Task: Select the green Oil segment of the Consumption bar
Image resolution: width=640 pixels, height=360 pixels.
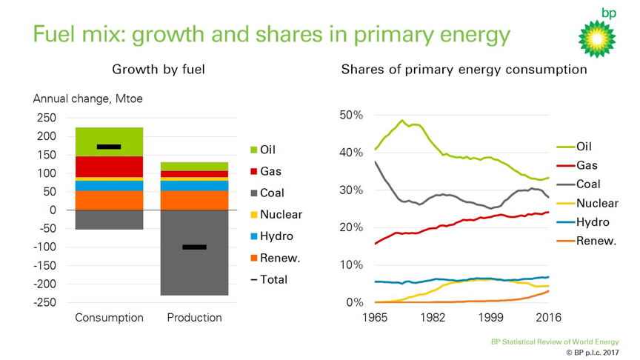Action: click(110, 141)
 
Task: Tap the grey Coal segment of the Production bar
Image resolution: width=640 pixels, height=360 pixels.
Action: click(194, 252)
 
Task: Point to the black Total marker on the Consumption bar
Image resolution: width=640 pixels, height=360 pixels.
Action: click(109, 147)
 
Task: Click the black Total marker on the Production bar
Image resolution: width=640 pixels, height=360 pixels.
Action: click(194, 247)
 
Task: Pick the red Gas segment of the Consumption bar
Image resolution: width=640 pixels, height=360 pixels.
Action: click(110, 167)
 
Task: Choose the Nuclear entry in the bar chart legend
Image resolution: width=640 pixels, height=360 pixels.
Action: click(274, 215)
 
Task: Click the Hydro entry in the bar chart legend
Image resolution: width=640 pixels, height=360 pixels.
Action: click(271, 236)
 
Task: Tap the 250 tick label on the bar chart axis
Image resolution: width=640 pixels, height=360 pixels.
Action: click(46, 119)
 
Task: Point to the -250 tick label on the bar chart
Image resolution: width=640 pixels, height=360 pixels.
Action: click(44, 302)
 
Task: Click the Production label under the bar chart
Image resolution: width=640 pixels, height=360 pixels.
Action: click(194, 318)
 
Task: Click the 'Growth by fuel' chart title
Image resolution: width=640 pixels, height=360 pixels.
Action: click(159, 70)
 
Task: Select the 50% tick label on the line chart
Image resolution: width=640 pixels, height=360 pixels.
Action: click(351, 116)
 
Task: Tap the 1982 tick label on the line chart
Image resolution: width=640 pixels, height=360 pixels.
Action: click(433, 318)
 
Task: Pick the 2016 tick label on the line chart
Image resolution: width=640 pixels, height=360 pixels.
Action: click(548, 318)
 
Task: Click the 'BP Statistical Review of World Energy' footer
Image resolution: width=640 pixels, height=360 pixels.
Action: click(553, 342)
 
